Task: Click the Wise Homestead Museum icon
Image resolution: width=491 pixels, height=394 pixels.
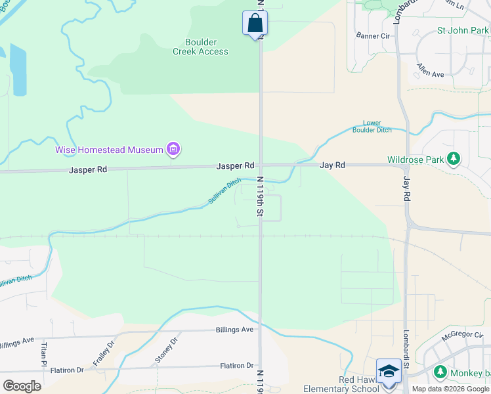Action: pyautogui.click(x=173, y=150)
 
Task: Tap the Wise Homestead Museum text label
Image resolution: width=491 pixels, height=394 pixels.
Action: pyautogui.click(x=109, y=150)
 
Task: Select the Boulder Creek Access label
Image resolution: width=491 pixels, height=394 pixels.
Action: pyautogui.click(x=200, y=47)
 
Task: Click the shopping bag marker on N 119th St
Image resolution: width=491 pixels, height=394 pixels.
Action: pyautogui.click(x=255, y=24)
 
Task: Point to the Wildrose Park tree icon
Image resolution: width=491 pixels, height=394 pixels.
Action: pyautogui.click(x=452, y=159)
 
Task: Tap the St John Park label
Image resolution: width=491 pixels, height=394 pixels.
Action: pyautogui.click(x=463, y=30)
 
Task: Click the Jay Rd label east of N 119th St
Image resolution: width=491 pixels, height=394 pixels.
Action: pyautogui.click(x=332, y=165)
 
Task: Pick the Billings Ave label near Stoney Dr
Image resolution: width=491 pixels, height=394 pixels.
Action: pyautogui.click(x=234, y=330)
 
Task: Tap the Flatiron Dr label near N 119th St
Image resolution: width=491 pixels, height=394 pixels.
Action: pyautogui.click(x=237, y=365)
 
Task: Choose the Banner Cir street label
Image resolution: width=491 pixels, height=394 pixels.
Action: pyautogui.click(x=372, y=35)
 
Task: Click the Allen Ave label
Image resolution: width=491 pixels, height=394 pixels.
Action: pyautogui.click(x=431, y=70)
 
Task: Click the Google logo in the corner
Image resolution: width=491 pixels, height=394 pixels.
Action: pyautogui.click(x=22, y=385)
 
